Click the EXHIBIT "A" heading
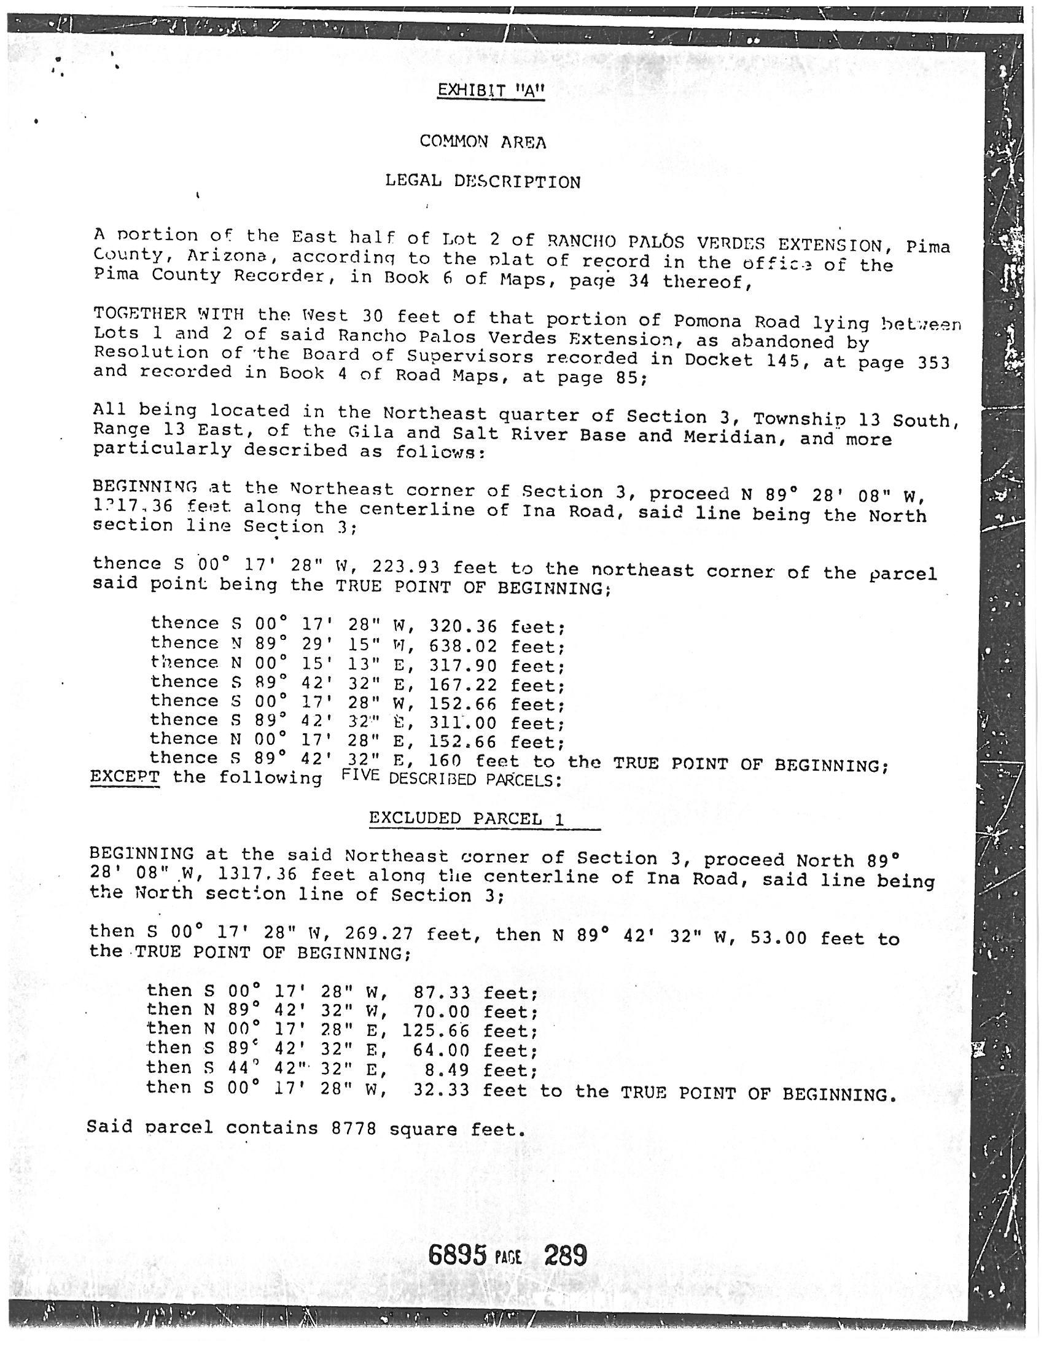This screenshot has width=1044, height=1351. [x=491, y=91]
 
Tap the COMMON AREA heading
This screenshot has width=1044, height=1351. [x=483, y=142]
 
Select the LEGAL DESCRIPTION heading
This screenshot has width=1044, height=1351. [x=483, y=181]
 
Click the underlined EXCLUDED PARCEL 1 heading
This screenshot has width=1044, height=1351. [x=466, y=819]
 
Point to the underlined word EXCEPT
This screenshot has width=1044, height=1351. [x=125, y=776]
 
